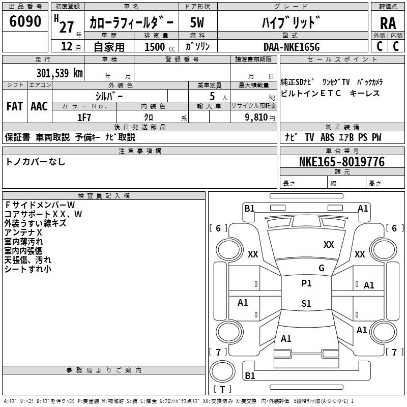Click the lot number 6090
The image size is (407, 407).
click(25, 21)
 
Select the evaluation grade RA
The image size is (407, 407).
click(388, 23)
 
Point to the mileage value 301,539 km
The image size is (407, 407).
click(60, 73)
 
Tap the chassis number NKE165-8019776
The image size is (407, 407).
click(341, 162)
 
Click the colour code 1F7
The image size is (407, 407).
click(84, 117)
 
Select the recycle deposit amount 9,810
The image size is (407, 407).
click(253, 117)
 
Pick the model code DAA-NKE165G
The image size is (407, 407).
click(292, 46)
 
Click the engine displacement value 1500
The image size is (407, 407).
click(155, 47)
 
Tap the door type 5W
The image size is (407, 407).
click(197, 22)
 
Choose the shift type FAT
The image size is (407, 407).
click(14, 106)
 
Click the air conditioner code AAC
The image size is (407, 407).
click(39, 106)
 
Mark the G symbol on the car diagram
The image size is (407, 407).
click(322, 268)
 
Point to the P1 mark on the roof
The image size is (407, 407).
click(306, 283)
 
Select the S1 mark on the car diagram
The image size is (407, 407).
click(306, 304)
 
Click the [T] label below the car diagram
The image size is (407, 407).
click(222, 390)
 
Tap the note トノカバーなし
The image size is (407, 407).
click(36, 162)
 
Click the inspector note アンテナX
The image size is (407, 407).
click(23, 232)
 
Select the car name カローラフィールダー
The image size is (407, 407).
click(131, 22)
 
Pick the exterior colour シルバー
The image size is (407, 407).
click(109, 96)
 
